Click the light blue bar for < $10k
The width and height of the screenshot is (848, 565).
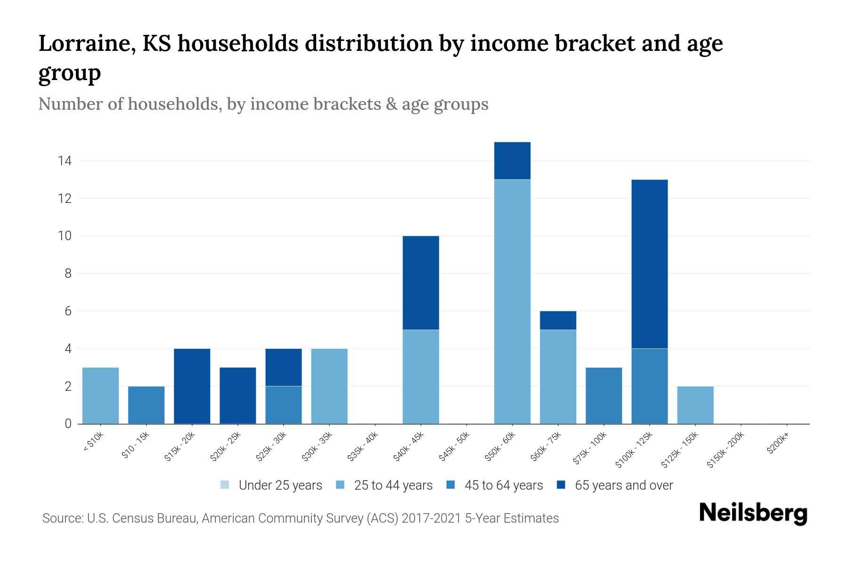[x=100, y=395]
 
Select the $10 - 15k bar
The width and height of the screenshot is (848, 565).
[x=147, y=405]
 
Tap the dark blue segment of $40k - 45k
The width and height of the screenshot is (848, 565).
[x=421, y=282]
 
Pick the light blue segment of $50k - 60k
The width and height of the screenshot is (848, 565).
[x=512, y=301]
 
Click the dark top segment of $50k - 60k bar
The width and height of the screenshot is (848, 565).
[x=512, y=161]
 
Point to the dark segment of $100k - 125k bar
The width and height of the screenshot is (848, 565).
[x=649, y=264]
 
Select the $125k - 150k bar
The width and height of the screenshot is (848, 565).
[x=695, y=405]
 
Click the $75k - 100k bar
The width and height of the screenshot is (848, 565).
[x=603, y=395]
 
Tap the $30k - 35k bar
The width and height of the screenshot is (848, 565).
[x=329, y=386]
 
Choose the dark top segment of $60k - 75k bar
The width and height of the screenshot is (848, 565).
[x=558, y=320]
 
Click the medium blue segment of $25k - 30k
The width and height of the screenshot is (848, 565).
[x=284, y=405]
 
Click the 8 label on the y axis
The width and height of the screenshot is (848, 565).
[x=68, y=274]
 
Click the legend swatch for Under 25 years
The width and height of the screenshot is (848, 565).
[x=225, y=485]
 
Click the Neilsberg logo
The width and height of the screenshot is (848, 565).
[x=753, y=513]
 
